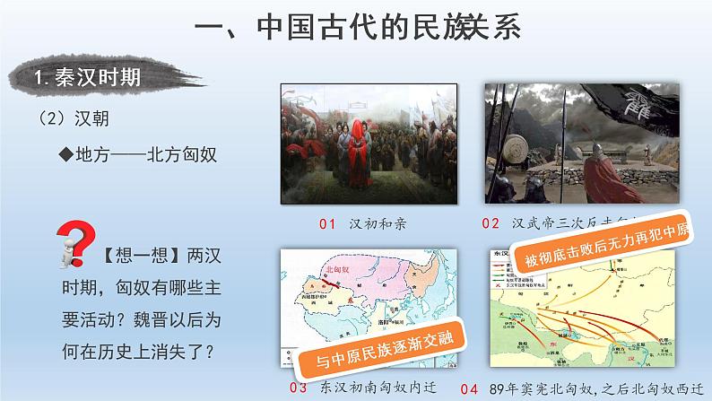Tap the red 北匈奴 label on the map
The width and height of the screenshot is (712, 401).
[x=339, y=268]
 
